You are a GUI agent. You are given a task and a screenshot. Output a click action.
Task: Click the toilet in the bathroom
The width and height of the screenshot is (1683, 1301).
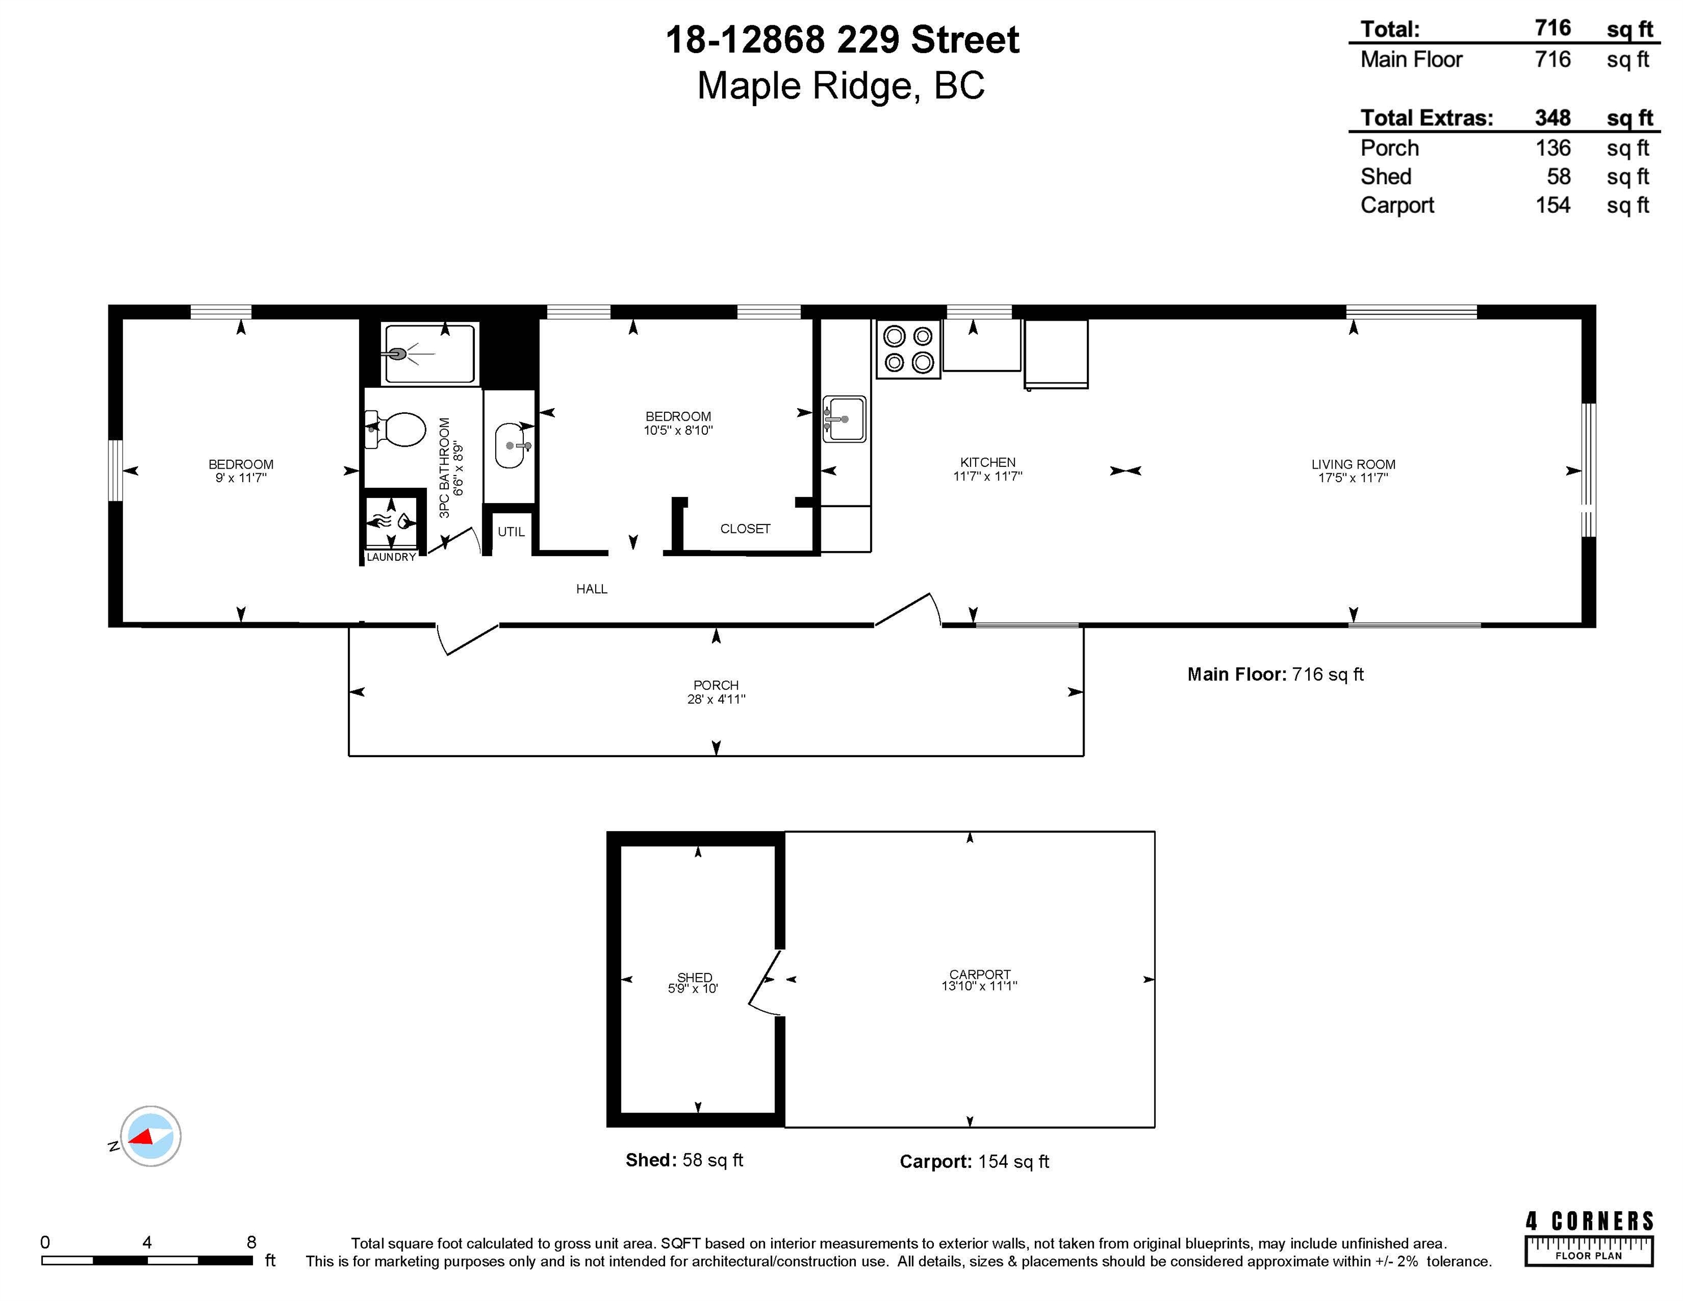[x=397, y=429]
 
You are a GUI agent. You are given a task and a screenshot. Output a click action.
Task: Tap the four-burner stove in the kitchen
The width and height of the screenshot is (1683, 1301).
[x=908, y=349]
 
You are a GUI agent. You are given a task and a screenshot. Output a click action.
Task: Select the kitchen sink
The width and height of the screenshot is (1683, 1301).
[x=845, y=420]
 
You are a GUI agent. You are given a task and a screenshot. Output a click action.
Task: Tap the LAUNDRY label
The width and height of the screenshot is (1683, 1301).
[x=391, y=557]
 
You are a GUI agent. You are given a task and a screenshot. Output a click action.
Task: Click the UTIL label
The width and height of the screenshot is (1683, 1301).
[x=511, y=532]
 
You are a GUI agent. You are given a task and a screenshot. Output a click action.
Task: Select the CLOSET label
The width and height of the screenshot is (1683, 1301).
[x=745, y=529]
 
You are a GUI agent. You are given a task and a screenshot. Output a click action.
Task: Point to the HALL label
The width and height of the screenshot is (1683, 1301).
[x=592, y=589]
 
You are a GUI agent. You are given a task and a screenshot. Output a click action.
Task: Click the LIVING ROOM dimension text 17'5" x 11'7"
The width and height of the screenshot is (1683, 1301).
[x=1353, y=478]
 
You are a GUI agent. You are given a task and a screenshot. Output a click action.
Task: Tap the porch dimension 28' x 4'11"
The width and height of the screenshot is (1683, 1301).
[x=716, y=699]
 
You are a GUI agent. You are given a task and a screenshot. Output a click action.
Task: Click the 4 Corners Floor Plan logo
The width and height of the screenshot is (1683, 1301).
[x=1589, y=1238]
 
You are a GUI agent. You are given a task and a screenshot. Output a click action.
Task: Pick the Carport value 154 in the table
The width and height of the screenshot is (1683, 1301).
[x=1553, y=205]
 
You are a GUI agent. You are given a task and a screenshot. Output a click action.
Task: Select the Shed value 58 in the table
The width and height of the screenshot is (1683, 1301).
[x=1558, y=177]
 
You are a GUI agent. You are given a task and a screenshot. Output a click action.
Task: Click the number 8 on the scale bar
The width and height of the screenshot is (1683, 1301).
[x=251, y=1242]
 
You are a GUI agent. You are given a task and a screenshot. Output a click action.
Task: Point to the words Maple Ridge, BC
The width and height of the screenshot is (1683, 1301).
[x=841, y=86]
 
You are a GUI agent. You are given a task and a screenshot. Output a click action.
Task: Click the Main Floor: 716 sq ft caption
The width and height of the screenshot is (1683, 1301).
[x=1275, y=674]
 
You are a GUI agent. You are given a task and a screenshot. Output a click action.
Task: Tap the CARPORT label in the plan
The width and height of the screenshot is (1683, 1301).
[x=980, y=974]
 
